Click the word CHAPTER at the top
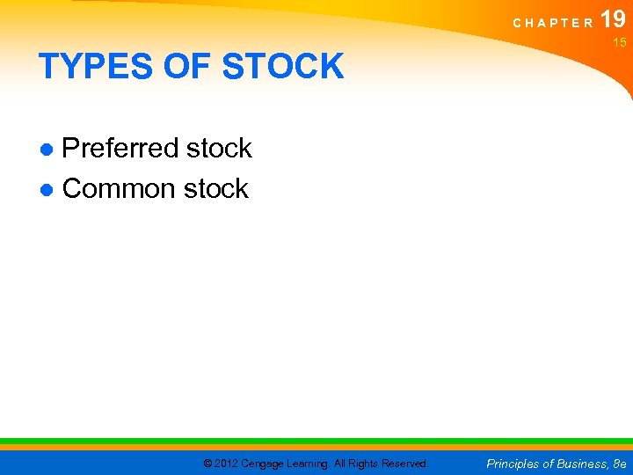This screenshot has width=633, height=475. pos(553,23)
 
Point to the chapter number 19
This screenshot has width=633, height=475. pos(613,19)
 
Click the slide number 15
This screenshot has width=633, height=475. pos(619,43)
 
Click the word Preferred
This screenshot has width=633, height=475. pos(120,149)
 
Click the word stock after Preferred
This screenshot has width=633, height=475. pos(219,149)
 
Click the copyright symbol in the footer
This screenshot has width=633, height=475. pos(207,464)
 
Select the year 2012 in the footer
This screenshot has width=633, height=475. pos(227,464)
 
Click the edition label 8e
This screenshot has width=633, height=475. pos(619,464)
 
